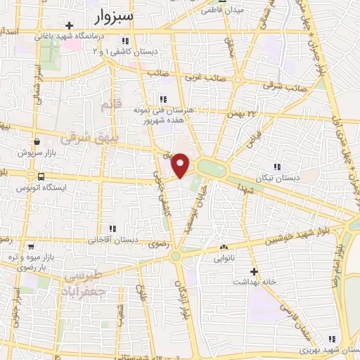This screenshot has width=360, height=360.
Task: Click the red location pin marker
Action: point(181,165)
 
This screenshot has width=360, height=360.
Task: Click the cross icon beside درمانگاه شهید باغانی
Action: point(69,25)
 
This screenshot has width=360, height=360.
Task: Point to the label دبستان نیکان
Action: point(278,178)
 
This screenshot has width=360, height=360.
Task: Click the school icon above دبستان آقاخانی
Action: point(112,228)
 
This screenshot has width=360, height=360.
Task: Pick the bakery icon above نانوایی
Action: point(224,247)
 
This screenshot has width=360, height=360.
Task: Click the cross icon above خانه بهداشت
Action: point(255,271)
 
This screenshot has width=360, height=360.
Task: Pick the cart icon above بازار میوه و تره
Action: point(32,247)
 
